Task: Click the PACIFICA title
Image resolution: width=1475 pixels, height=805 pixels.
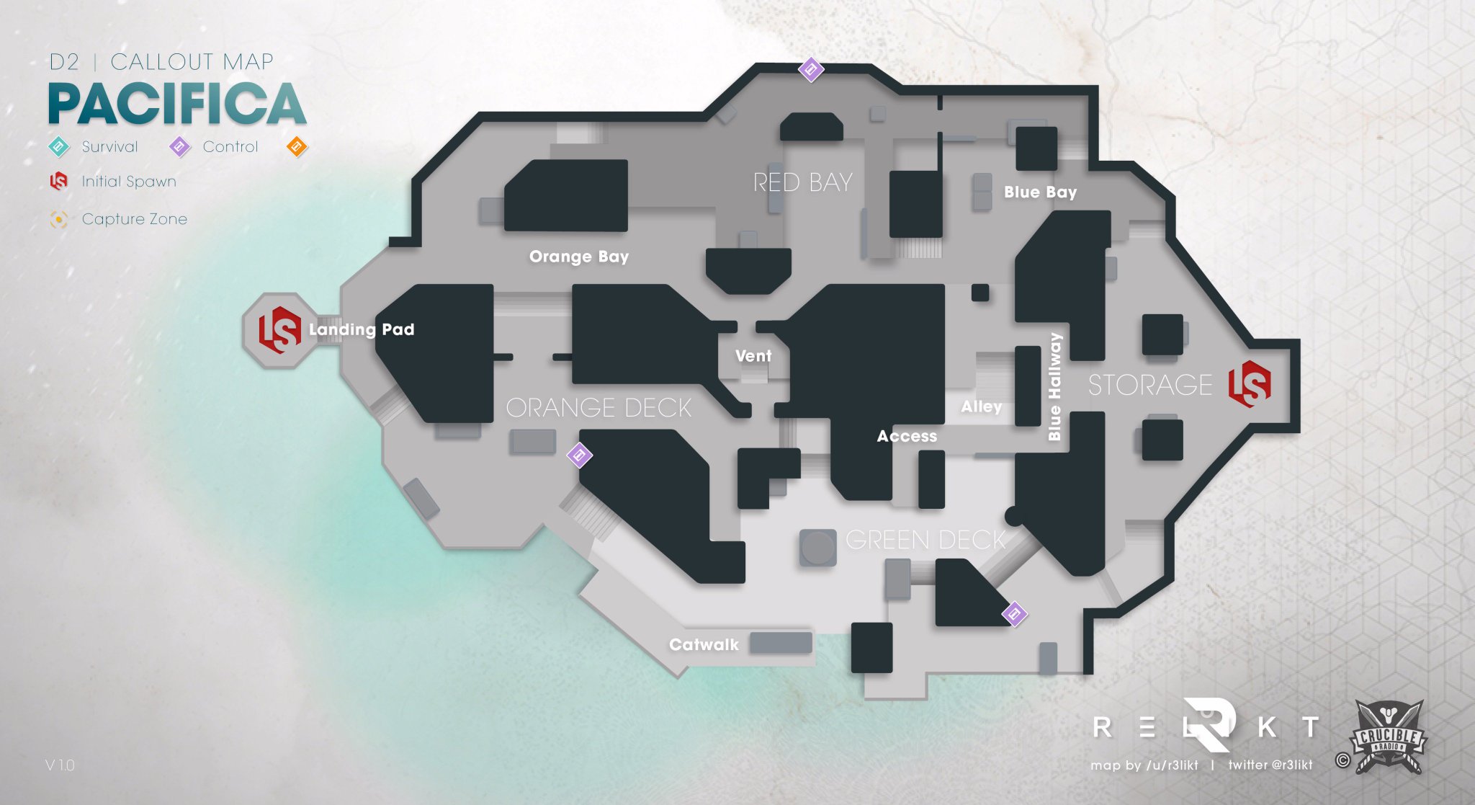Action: coord(177,104)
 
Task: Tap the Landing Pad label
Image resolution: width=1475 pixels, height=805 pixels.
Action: coord(362,329)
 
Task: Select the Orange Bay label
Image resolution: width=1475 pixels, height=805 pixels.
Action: coord(578,257)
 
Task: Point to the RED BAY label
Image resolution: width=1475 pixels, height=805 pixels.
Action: coord(802,182)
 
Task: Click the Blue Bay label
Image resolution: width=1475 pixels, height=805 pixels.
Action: coord(1040,192)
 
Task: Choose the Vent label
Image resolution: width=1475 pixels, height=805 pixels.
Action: coord(753,356)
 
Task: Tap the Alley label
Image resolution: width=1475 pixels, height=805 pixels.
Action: coord(981,406)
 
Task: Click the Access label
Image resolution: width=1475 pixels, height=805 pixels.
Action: coord(907,436)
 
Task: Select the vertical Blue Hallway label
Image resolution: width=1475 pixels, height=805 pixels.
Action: coord(1055,386)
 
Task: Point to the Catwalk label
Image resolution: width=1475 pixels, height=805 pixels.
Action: coord(704,644)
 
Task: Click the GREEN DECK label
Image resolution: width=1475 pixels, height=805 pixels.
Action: coord(925,540)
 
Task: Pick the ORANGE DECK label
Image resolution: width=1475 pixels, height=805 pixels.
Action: coord(598,408)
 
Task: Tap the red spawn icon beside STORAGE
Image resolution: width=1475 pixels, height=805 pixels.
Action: coord(1250,383)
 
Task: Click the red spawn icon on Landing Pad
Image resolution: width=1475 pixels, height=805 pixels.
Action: coord(279,329)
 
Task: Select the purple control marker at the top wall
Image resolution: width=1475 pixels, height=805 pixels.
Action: coord(811,69)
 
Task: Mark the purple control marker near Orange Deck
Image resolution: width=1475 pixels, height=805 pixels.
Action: coord(579,455)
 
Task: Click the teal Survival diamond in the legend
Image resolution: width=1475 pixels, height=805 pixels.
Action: coord(58,147)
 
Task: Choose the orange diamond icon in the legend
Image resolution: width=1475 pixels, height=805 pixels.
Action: coord(297,147)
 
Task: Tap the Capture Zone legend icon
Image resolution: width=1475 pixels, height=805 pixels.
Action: coord(59,219)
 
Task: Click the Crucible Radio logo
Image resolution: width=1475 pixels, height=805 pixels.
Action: coord(1387,737)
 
